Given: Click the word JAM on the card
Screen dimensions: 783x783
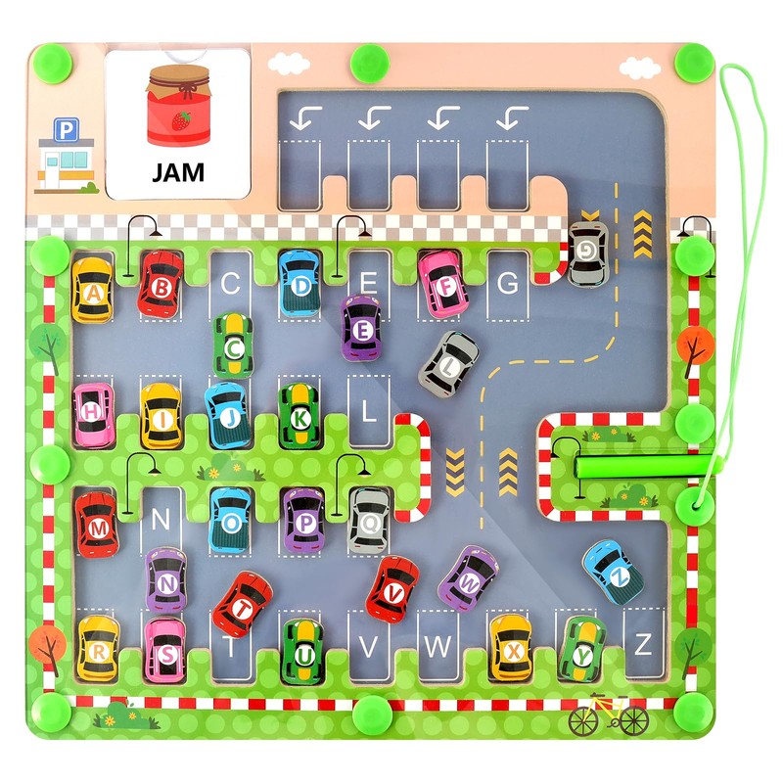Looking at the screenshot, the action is [178, 172].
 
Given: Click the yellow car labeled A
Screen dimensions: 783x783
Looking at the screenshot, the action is [92, 291].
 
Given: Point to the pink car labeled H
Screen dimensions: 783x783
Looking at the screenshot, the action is [93, 412].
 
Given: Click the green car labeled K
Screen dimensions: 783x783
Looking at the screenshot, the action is [299, 416].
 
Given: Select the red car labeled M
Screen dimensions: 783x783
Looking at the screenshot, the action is [97, 529].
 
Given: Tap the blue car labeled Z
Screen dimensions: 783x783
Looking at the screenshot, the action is [613, 572].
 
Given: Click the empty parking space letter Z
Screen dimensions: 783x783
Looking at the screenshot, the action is [643, 644].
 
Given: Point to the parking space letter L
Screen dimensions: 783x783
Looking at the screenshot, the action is [369, 411].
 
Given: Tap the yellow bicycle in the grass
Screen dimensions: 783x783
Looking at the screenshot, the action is [607, 715].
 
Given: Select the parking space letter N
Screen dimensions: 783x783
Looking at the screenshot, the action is [160, 519].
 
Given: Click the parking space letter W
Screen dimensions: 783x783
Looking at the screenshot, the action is [439, 646].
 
